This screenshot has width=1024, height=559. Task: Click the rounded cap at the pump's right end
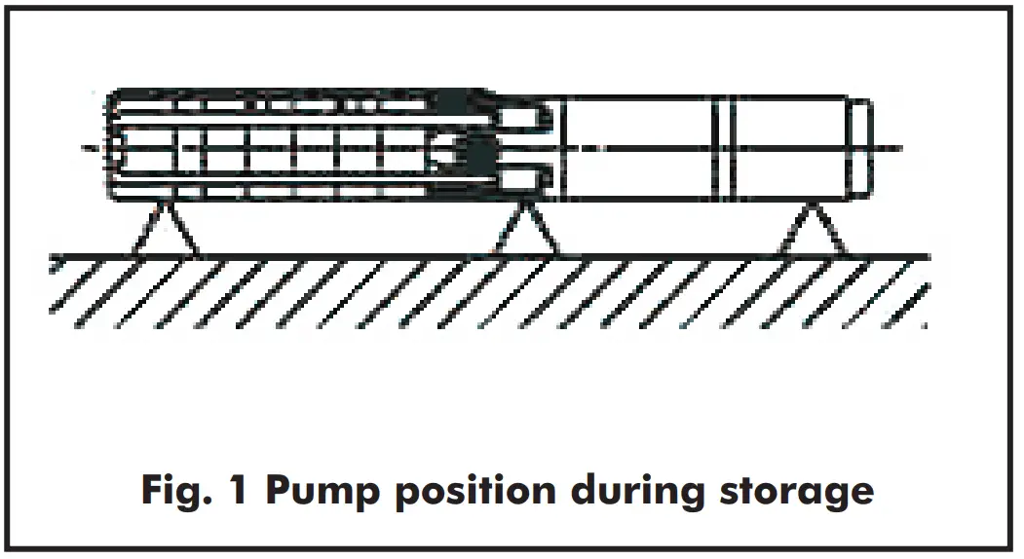858,147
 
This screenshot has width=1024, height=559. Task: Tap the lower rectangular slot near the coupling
523,179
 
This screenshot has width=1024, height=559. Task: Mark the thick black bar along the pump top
292,96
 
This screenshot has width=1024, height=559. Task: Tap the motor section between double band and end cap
789,147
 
